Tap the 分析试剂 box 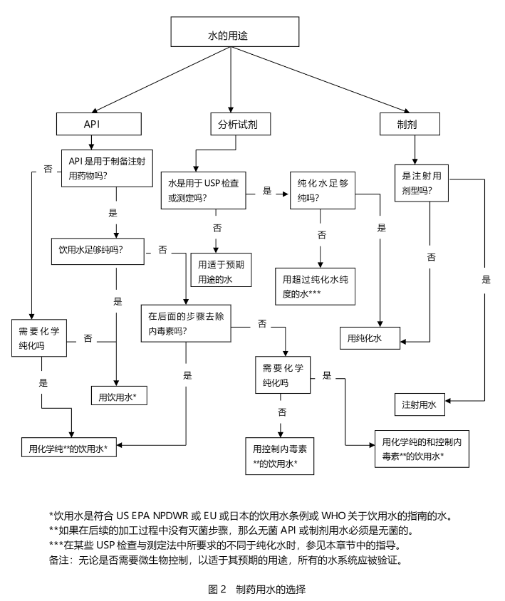(234, 123)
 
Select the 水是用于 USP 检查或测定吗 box (204, 189)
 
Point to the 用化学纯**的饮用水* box (69, 448)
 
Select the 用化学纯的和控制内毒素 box (422, 448)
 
